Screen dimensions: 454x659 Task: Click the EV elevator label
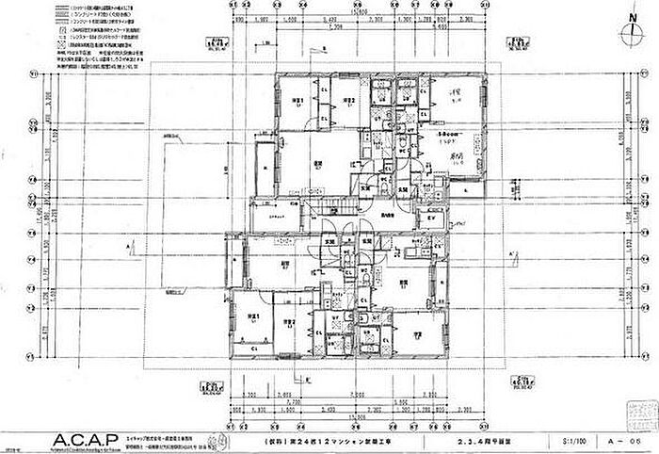[431, 219]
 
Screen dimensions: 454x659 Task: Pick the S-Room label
[450, 137]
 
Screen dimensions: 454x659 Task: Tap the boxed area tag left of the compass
[516, 41]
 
